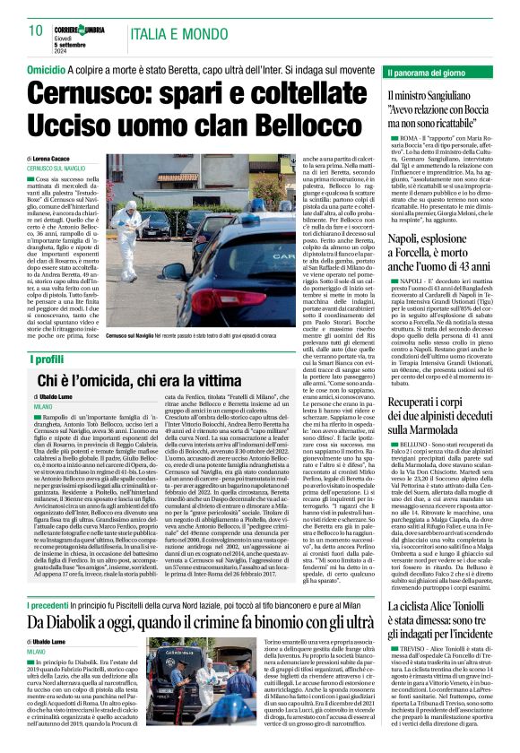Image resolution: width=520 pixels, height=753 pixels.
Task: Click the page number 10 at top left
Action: pos(36,31)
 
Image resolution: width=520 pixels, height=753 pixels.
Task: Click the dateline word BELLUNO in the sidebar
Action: pos(412,445)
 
